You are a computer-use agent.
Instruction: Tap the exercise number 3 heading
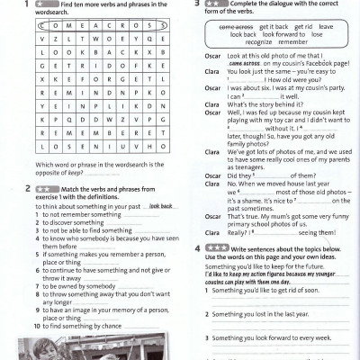[197, 5]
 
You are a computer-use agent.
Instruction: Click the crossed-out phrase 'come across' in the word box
[237, 27]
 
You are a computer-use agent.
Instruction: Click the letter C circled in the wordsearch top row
[44, 26]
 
